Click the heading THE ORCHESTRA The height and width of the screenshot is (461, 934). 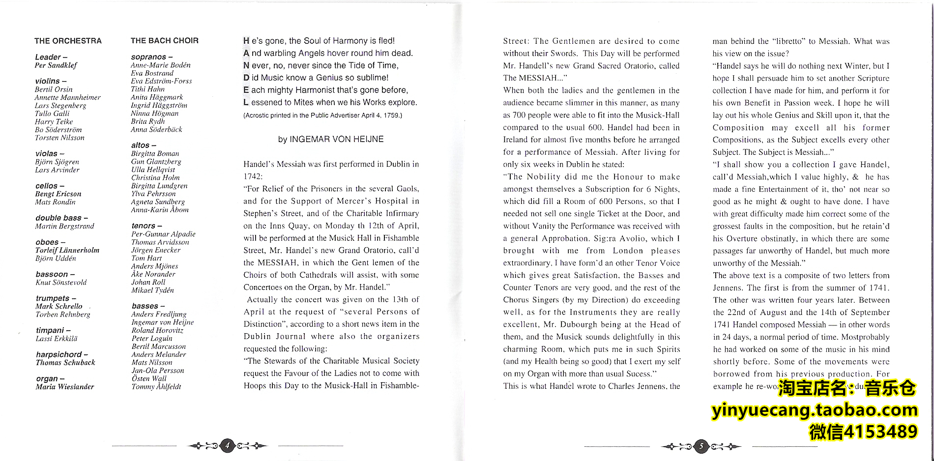point(68,41)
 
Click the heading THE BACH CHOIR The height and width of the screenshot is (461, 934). point(165,41)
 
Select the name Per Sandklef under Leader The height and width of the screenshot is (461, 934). point(56,65)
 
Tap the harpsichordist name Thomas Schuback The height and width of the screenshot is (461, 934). point(65,363)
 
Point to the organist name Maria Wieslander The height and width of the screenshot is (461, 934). point(64,387)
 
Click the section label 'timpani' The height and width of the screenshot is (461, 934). point(50,330)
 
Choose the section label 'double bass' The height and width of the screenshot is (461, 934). point(59,218)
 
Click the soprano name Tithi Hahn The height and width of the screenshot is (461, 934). point(147,89)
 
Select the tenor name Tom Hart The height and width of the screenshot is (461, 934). point(146,258)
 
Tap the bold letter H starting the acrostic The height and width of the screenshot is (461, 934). point(246,41)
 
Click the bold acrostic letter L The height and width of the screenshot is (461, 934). point(246,102)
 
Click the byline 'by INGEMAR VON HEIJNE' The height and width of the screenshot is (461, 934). point(330,139)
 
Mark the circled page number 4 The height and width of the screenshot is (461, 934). point(227,446)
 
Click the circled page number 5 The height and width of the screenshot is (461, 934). point(701,446)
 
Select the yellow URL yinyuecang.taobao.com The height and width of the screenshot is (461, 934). point(814,410)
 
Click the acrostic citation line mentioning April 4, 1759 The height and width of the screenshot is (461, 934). point(322,115)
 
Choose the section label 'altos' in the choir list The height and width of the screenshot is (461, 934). point(141,145)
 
